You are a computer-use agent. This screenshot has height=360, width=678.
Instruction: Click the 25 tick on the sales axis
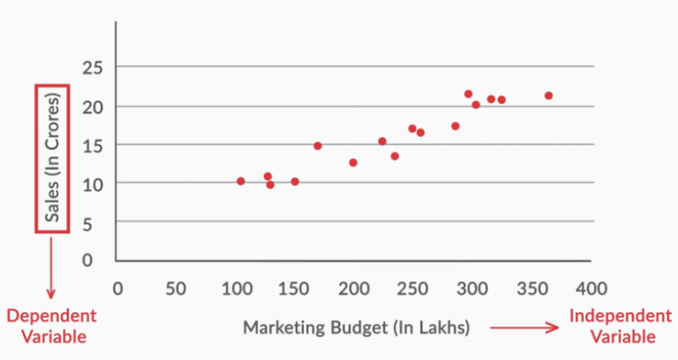(92, 68)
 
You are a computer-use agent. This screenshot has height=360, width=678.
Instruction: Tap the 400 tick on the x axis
(591, 288)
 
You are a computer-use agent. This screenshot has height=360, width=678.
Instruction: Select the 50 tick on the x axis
(176, 288)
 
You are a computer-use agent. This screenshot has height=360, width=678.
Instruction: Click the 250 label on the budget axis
(411, 288)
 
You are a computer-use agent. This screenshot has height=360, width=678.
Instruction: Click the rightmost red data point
(548, 95)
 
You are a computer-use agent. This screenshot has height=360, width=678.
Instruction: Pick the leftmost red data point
(240, 181)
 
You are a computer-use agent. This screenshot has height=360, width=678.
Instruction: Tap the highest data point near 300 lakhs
(468, 94)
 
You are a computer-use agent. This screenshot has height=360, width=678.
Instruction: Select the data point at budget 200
(353, 162)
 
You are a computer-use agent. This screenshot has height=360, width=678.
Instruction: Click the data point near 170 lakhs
(318, 146)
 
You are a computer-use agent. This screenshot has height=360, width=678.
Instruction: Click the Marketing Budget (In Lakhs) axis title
(356, 327)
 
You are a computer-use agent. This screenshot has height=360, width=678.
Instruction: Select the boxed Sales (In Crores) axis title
(50, 159)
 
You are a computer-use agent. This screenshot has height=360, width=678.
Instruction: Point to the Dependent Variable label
(51, 326)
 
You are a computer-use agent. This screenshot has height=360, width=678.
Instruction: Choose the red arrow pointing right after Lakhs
(525, 327)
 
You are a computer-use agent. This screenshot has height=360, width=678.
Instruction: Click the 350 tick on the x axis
(531, 288)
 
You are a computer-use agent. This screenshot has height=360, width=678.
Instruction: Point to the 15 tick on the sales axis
(92, 145)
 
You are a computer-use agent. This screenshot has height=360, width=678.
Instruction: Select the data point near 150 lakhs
(295, 182)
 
